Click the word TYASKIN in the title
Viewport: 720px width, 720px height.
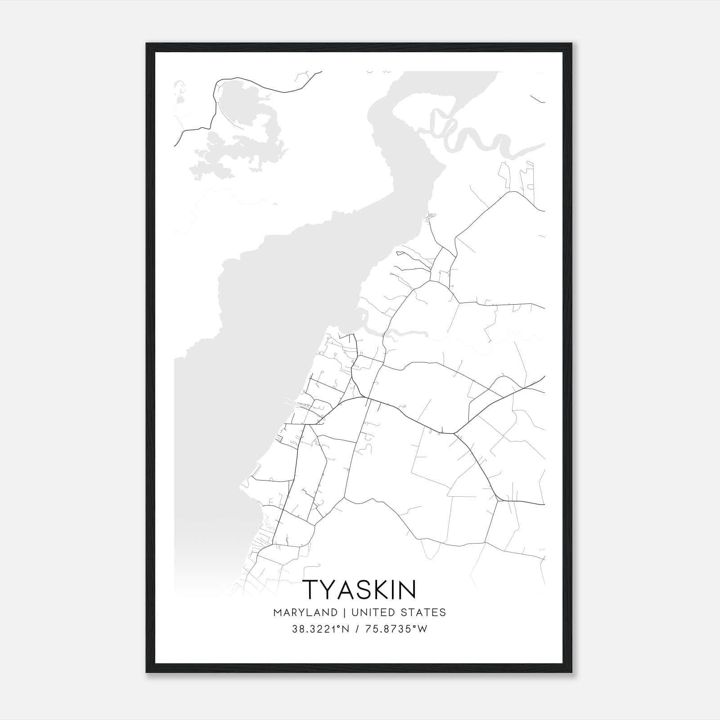click(360, 589)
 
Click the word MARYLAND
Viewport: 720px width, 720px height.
click(305, 612)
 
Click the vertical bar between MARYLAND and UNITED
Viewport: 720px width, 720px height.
click(344, 612)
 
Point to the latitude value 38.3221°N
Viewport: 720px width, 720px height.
click(320, 629)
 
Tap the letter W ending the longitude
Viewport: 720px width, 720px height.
click(423, 629)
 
